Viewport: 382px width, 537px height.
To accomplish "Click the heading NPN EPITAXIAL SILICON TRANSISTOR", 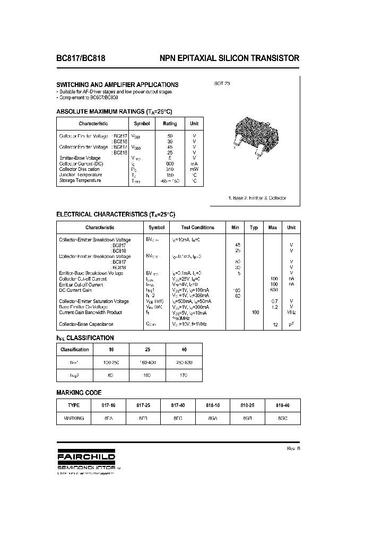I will [229, 59].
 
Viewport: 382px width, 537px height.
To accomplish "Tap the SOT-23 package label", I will [222, 84].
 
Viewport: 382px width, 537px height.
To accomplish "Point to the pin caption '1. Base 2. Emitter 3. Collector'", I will [257, 198].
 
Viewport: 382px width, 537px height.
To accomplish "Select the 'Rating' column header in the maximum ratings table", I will [170, 123].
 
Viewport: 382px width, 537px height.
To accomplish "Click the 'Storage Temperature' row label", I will [80, 180].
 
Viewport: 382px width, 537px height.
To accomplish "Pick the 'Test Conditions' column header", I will [197, 228].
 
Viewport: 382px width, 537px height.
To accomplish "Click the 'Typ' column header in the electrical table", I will [254, 228].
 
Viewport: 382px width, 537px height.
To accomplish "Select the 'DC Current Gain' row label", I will [75, 290].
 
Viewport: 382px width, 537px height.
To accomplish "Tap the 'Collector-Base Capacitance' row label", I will [86, 324].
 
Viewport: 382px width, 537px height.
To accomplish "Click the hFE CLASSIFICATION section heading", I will [85, 337].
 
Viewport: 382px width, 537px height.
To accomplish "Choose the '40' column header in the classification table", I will [184, 350].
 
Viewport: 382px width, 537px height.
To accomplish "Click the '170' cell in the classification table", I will [184, 375].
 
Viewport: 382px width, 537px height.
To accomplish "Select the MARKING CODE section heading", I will [79, 393].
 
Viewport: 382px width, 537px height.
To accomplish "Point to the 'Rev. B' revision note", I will [293, 448].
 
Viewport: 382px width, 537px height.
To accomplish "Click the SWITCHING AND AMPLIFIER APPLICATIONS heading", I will [117, 84].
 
